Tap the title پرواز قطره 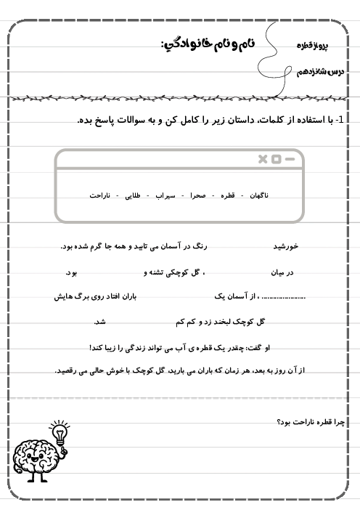pyautogui.click(x=313, y=46)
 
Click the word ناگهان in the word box pyautogui.click(x=259, y=195)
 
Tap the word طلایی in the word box pyautogui.click(x=134, y=195)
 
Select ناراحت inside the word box pyautogui.click(x=101, y=195)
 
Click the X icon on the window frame pyautogui.click(x=263, y=159)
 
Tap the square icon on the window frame pyautogui.click(x=277, y=159)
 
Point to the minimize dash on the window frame pyautogui.click(x=290, y=159)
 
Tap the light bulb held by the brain pyautogui.click(x=58, y=433)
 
